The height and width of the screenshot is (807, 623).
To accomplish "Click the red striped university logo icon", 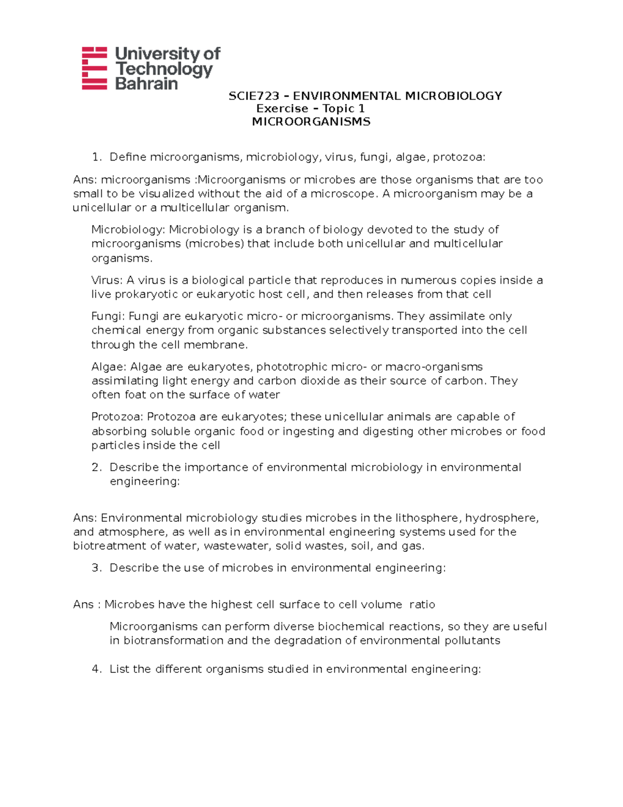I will tap(94, 68).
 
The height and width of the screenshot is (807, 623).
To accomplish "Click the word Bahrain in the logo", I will tap(146, 84).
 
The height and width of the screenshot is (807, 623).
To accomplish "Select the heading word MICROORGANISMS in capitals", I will tap(311, 122).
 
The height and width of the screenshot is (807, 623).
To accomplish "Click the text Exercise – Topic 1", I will tap(310, 109).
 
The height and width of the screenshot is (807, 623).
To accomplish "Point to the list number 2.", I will tap(96, 467).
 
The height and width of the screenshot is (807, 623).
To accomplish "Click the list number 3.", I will tap(96, 567).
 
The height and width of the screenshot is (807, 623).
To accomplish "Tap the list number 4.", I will tap(96, 669).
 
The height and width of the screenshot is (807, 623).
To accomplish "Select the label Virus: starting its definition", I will tap(107, 280).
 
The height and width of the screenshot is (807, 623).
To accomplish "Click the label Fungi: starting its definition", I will tap(108, 316).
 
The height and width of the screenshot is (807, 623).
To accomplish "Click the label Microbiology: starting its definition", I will tap(128, 230).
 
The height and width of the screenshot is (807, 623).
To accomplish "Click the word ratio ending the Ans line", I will tap(422, 604).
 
